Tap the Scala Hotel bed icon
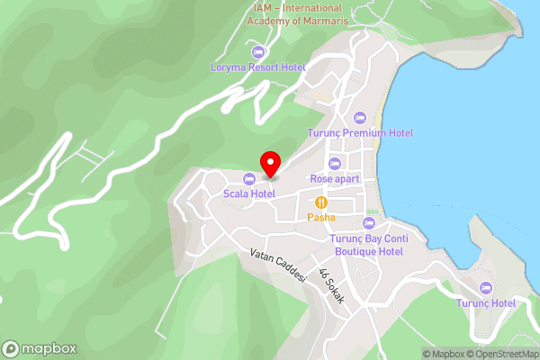click(x=248, y=179)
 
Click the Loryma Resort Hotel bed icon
click(x=259, y=51)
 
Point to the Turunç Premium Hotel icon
click(x=360, y=118)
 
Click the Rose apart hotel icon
click(x=335, y=163)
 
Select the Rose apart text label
click(x=335, y=178)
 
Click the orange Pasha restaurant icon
click(x=321, y=202)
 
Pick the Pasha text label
click(x=321, y=218)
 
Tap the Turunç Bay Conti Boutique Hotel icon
click(x=367, y=223)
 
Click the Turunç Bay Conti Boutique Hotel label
click(x=367, y=245)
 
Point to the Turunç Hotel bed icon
click(x=486, y=288)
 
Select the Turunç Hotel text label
click(x=486, y=303)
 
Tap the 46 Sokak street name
click(x=331, y=287)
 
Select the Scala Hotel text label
click(x=249, y=193)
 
